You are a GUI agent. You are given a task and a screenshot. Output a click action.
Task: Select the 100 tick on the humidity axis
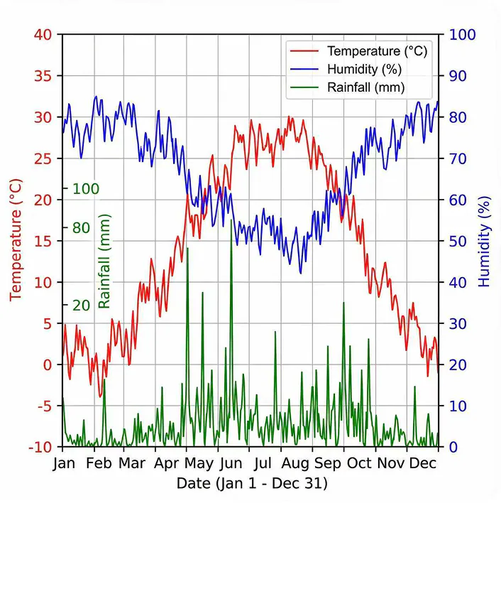[x=462, y=35]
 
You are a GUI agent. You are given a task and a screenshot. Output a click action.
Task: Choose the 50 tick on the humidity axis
[x=458, y=241]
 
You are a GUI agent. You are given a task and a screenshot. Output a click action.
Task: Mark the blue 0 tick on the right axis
[x=453, y=447]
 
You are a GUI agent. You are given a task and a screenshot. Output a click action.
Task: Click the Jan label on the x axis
[x=63, y=464]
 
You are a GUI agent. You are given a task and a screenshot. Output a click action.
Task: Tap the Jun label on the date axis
[x=231, y=464]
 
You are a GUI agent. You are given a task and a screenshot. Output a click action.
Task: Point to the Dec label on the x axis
[x=423, y=464]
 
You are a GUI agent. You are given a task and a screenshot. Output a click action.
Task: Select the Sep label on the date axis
[x=327, y=464]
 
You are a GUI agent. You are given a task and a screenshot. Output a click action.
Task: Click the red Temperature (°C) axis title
[x=16, y=239]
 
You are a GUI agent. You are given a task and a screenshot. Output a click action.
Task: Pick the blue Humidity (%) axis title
[x=485, y=241]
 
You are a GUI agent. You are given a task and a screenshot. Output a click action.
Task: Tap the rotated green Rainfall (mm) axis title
[x=104, y=261]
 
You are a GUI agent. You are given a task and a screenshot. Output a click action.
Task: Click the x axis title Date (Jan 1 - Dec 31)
[x=252, y=484]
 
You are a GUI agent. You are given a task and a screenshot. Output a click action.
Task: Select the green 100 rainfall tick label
[x=86, y=189]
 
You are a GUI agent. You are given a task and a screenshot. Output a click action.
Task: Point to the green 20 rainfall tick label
[x=81, y=305]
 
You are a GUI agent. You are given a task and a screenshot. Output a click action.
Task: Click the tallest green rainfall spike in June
[x=231, y=222]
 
